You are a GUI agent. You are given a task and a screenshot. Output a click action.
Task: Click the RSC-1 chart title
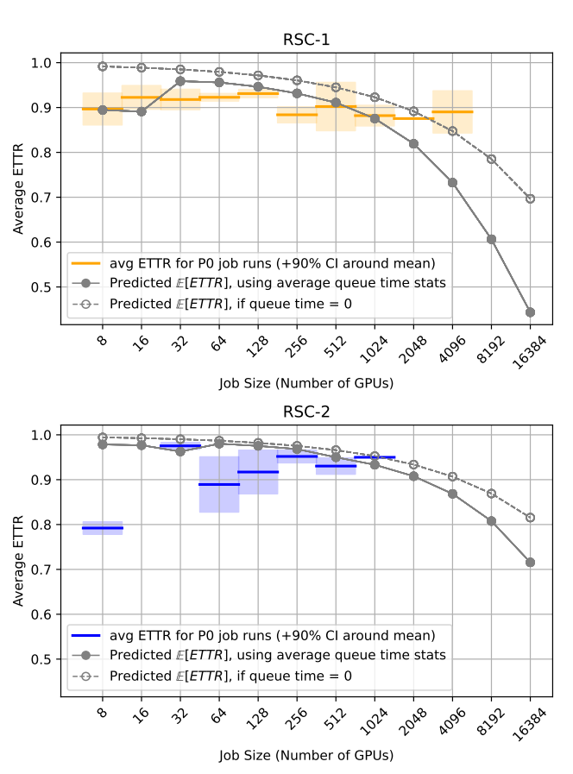pyautogui.click(x=306, y=40)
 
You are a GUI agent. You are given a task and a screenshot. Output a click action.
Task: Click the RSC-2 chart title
pyautogui.click(x=306, y=412)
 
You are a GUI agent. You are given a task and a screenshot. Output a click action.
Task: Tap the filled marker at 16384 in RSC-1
pyautogui.click(x=530, y=312)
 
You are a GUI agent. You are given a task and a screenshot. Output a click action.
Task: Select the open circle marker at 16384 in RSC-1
pyautogui.click(x=530, y=198)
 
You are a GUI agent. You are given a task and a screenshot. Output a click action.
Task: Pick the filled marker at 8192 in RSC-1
pyautogui.click(x=491, y=239)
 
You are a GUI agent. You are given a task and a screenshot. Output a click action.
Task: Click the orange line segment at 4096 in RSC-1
pyautogui.click(x=452, y=112)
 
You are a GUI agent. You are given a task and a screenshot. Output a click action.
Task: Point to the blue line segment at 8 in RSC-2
pyautogui.click(x=103, y=528)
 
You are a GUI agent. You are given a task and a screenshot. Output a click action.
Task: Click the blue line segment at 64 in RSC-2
pyautogui.click(x=219, y=484)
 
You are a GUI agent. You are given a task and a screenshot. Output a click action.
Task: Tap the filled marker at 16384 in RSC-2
pyautogui.click(x=530, y=563)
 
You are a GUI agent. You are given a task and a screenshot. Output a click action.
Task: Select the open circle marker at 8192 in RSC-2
pyautogui.click(x=491, y=494)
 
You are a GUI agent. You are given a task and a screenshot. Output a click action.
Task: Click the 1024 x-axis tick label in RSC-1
pyautogui.click(x=374, y=348)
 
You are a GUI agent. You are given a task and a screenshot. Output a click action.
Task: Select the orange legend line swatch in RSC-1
pyautogui.click(x=86, y=263)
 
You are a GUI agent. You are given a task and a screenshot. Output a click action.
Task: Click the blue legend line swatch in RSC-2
pyautogui.click(x=86, y=636)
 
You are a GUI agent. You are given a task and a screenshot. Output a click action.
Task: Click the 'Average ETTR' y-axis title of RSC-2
pyautogui.click(x=18, y=561)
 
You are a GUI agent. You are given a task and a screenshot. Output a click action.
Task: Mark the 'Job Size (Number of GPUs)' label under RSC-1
pyautogui.click(x=306, y=383)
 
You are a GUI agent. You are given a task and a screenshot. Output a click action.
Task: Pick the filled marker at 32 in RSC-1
pyautogui.click(x=180, y=81)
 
